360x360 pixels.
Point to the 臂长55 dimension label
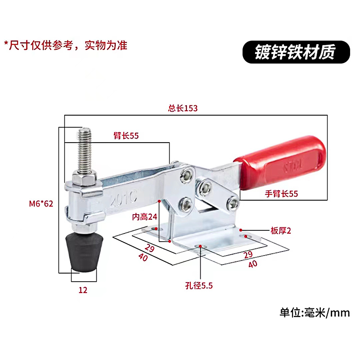tap(126, 135)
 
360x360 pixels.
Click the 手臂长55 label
tap(282, 194)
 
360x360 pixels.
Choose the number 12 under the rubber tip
tap(83, 290)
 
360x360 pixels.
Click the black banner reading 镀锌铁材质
tap(296, 52)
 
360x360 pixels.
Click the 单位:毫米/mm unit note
tap(315, 312)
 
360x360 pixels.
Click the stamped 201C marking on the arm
tap(118, 198)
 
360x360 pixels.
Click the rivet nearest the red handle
tap(232, 203)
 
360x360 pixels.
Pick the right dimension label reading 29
tap(247, 255)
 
